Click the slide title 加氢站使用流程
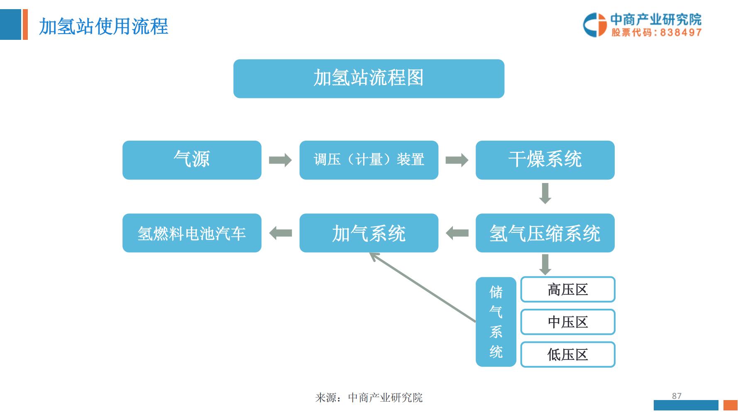coord(103,27)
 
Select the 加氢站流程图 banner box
coord(369,78)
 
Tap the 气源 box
coord(192,160)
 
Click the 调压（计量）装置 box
coord(369,160)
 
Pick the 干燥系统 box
coord(545,160)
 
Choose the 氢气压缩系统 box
coord(545,233)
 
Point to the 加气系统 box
coord(369,233)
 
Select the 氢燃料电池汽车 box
coord(192,233)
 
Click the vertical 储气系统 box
coord(496,322)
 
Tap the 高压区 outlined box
coord(567,290)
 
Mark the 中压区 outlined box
coord(567,322)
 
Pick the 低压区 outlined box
coord(567,354)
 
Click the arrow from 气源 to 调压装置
coord(280,160)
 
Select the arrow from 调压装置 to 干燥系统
coord(457,160)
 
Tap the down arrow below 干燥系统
coord(545,193)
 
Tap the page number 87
coord(677,396)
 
